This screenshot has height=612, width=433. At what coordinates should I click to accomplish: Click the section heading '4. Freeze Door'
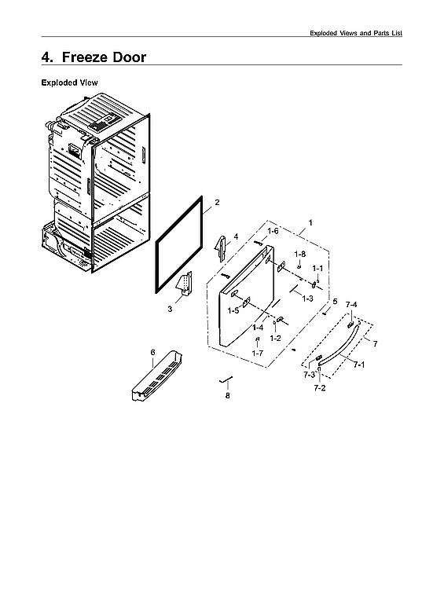(x=94, y=57)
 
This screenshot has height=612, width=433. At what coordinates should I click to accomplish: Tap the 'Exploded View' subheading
(x=68, y=82)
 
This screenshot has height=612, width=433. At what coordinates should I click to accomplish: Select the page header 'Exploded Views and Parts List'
(x=356, y=33)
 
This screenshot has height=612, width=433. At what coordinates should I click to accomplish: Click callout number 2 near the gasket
(x=217, y=203)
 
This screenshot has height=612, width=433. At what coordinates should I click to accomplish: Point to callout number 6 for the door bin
(x=152, y=353)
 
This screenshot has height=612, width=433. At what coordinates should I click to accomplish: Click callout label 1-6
(x=273, y=231)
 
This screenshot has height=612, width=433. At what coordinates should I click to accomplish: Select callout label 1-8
(x=299, y=255)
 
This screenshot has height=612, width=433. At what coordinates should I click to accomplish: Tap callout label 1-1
(x=317, y=269)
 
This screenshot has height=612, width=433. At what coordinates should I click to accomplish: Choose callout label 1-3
(x=308, y=299)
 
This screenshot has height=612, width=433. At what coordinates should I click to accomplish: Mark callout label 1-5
(x=233, y=311)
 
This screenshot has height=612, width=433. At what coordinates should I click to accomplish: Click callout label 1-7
(x=257, y=354)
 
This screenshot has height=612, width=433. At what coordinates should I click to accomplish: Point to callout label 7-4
(x=351, y=304)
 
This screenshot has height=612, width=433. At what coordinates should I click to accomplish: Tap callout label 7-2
(x=320, y=388)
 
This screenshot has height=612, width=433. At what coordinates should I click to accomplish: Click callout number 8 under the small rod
(x=228, y=396)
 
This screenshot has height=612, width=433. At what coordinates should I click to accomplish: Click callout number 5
(x=335, y=302)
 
